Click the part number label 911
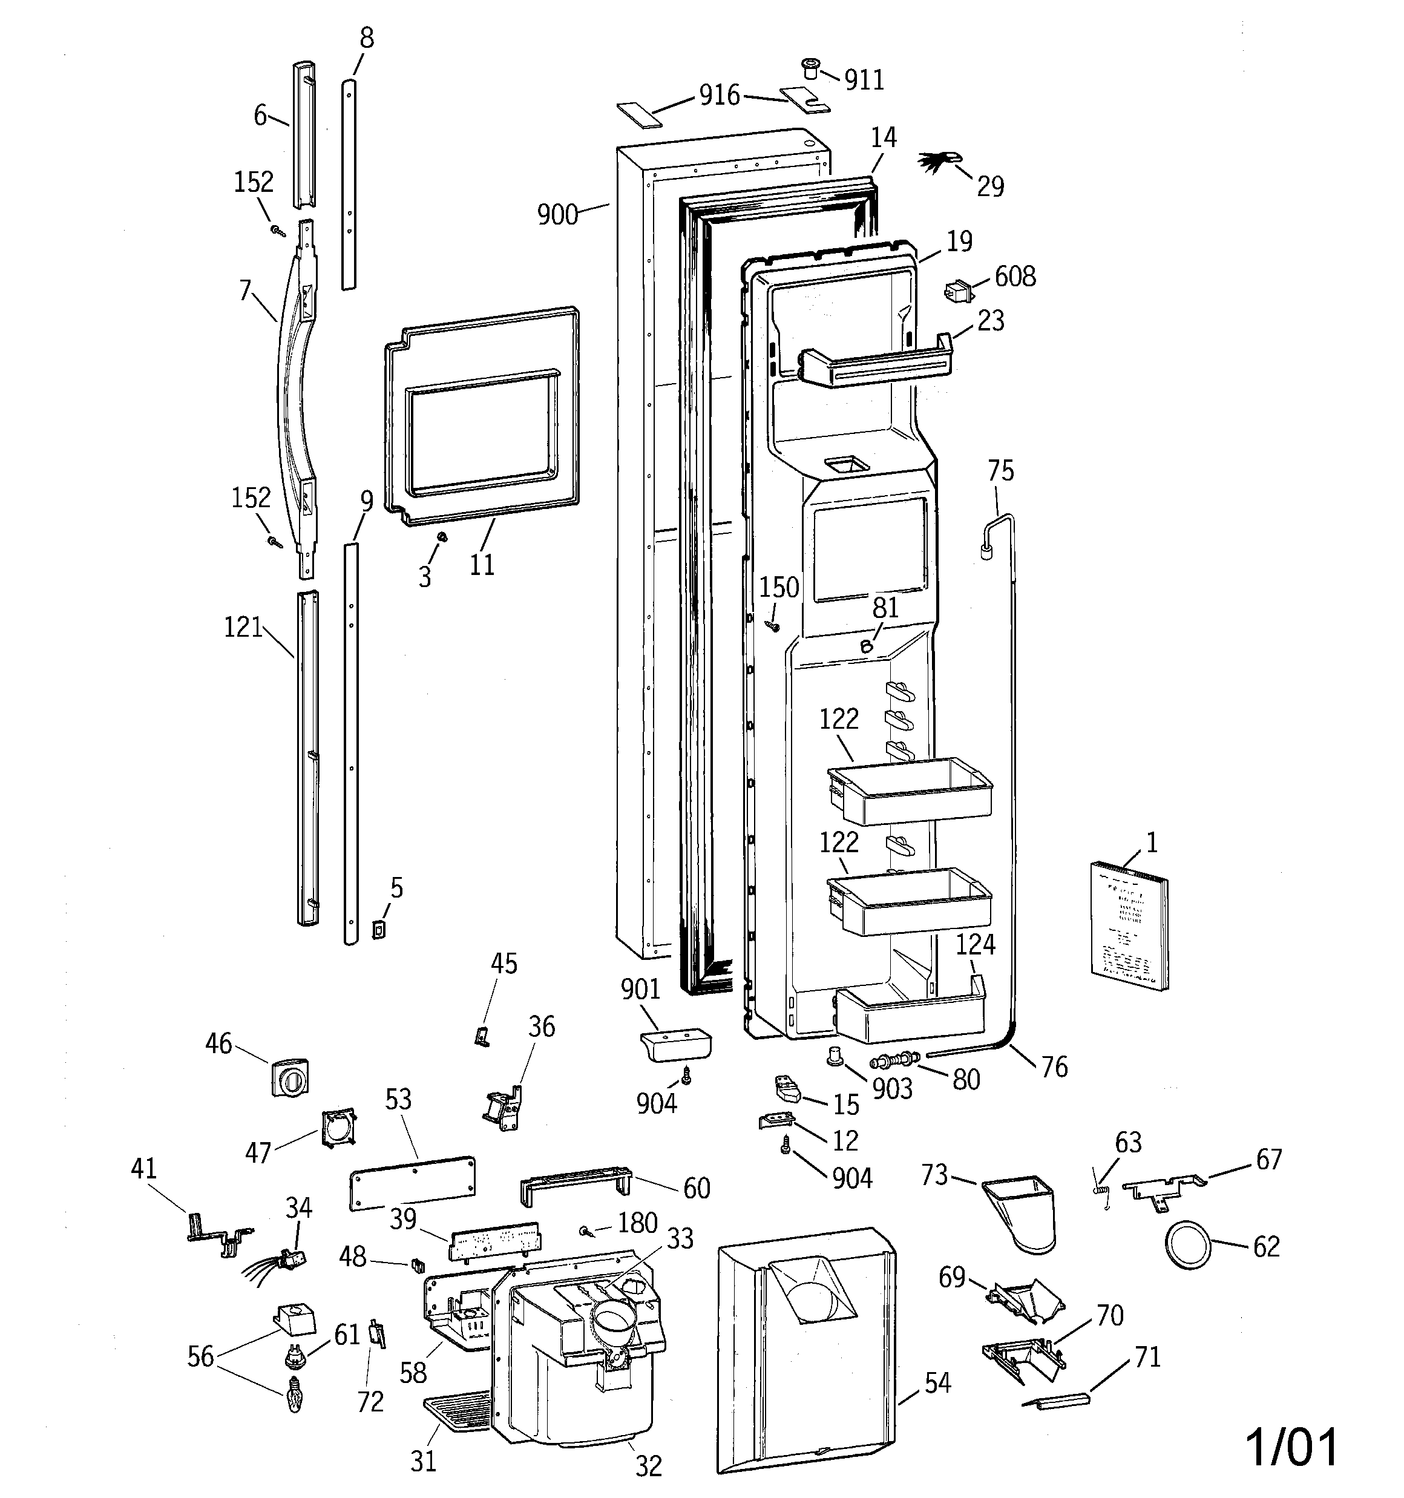pos(864,80)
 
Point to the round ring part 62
pos(1189,1247)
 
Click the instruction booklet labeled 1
pos(1129,935)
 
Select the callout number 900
pos(557,215)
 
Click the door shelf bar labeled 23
pos(874,366)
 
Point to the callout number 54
pos(937,1383)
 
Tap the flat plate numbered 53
pos(412,1184)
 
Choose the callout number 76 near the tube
pos(1054,1066)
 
